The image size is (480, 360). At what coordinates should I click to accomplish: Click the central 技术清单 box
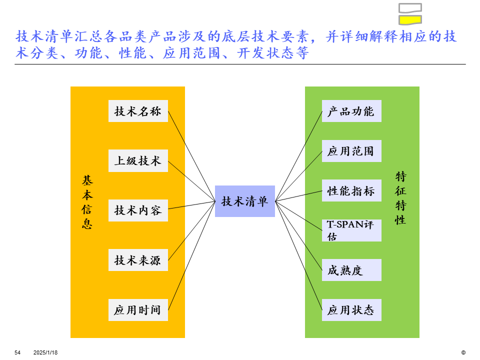pyautogui.click(x=245, y=201)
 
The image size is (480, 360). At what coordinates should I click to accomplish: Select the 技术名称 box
pyautogui.click(x=138, y=111)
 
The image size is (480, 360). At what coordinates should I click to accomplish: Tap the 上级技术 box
pyautogui.click(x=138, y=160)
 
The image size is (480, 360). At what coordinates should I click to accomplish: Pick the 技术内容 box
pyautogui.click(x=138, y=210)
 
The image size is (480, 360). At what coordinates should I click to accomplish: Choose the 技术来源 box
pyautogui.click(x=138, y=260)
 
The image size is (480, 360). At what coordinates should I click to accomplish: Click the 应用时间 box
pyautogui.click(x=138, y=310)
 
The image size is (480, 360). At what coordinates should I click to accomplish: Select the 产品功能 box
pyautogui.click(x=351, y=111)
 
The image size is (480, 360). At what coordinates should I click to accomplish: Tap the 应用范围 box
pyautogui.click(x=351, y=151)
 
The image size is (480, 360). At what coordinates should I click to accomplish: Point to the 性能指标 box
pyautogui.click(x=351, y=190)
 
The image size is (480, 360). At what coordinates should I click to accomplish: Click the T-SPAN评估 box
pyautogui.click(x=351, y=230)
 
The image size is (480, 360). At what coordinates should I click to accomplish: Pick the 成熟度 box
pyautogui.click(x=351, y=270)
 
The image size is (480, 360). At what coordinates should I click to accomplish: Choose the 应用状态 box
pyautogui.click(x=351, y=310)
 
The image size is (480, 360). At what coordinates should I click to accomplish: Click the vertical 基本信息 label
pyautogui.click(x=87, y=202)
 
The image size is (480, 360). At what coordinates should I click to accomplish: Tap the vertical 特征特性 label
pyautogui.click(x=400, y=198)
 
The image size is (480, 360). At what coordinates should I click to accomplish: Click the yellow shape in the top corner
pyautogui.click(x=409, y=20)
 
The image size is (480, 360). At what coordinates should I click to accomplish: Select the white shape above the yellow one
pyautogui.click(x=409, y=7)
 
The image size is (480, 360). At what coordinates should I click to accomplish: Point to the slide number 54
pyautogui.click(x=17, y=352)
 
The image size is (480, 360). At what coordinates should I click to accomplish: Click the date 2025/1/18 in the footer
pyautogui.click(x=45, y=352)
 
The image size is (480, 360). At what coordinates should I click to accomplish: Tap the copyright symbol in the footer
pyautogui.click(x=463, y=352)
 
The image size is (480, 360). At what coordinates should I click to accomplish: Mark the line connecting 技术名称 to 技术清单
pyautogui.click(x=191, y=156)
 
